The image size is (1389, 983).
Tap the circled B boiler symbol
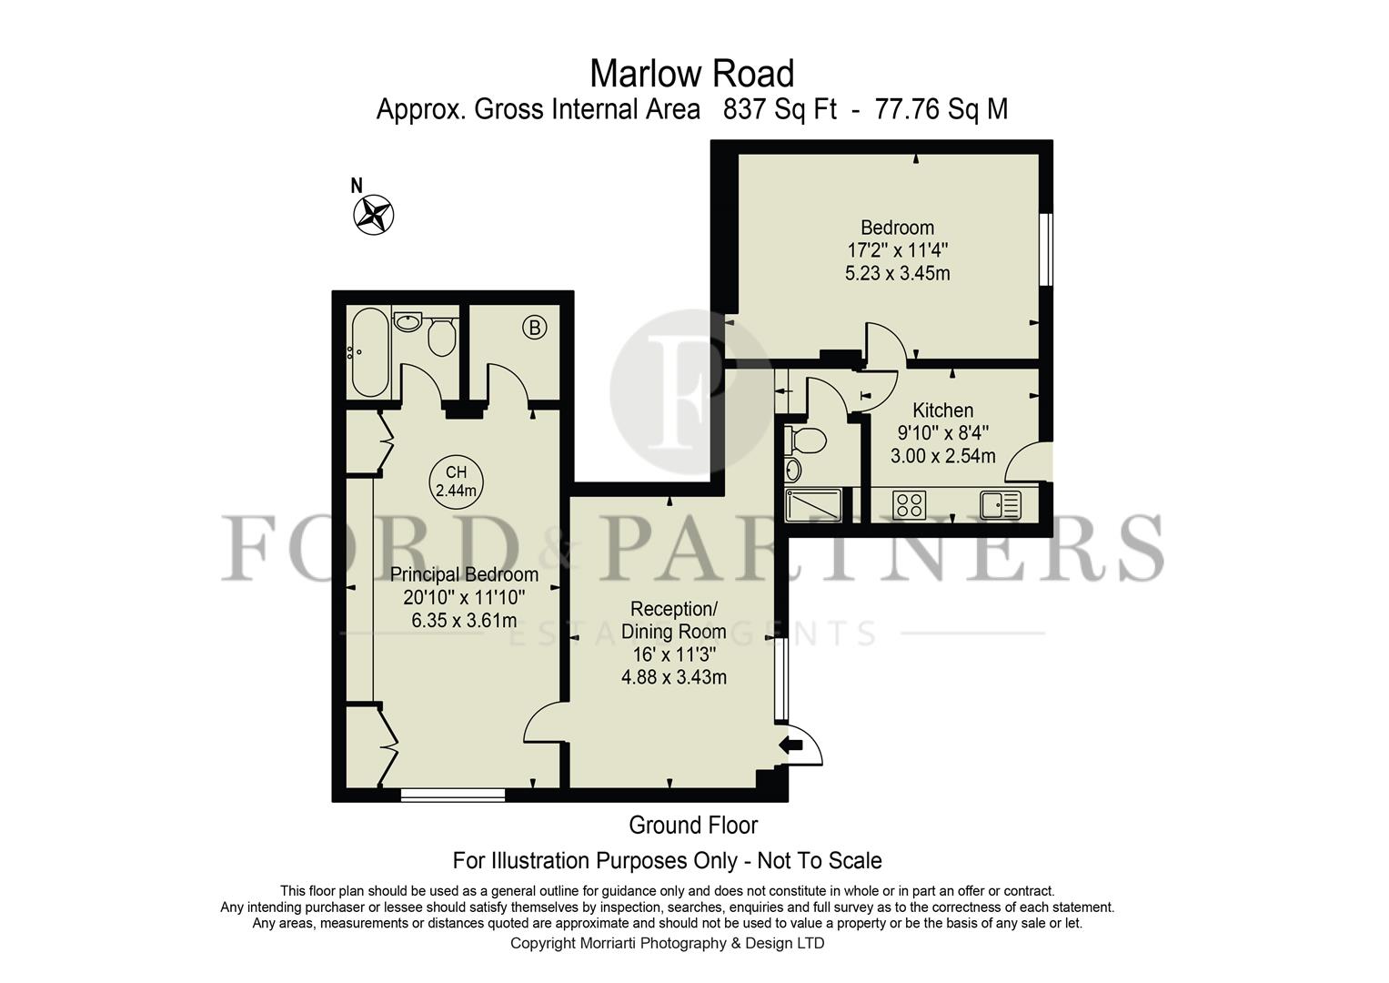535,328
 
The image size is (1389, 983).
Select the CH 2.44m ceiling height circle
456,481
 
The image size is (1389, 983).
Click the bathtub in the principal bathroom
368,352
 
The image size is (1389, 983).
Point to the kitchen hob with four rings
910,504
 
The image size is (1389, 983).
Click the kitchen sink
1000,503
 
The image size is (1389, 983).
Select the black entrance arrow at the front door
792,745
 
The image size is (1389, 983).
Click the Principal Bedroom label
464,574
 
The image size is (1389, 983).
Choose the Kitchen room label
942,410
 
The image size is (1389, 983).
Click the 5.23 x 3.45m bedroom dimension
897,273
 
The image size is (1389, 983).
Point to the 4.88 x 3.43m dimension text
673,677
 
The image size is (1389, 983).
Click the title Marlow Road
692,73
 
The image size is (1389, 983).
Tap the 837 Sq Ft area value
780,109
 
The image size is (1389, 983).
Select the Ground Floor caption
693,826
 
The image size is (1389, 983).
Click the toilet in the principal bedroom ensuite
441,337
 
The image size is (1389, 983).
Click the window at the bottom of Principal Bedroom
452,795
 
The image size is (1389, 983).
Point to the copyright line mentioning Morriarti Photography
667,943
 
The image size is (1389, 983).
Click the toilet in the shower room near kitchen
807,441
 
